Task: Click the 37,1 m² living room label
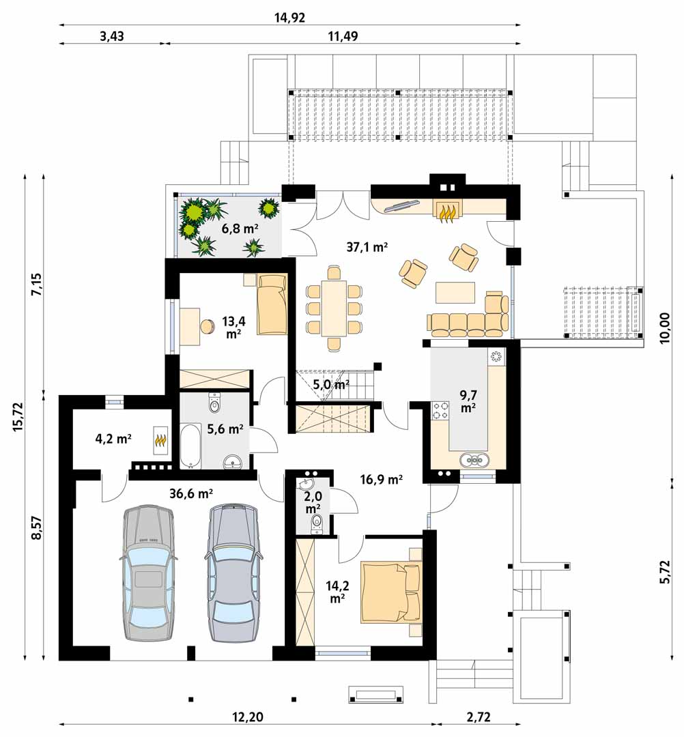[367, 246]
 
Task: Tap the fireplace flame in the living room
[447, 214]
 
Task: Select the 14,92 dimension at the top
[289, 17]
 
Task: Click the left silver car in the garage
[147, 573]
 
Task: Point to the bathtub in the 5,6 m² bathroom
[190, 446]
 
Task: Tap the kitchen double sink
[475, 459]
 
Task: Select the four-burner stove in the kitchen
[440, 410]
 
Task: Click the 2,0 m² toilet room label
[313, 502]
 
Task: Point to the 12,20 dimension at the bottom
[248, 717]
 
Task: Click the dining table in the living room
[334, 308]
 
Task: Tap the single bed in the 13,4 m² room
[272, 304]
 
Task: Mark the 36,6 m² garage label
[191, 493]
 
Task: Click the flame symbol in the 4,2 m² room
[161, 441]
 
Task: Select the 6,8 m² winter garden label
[240, 229]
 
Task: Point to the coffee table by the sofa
[455, 292]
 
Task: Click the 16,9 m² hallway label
[382, 480]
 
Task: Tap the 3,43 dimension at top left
[112, 37]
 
